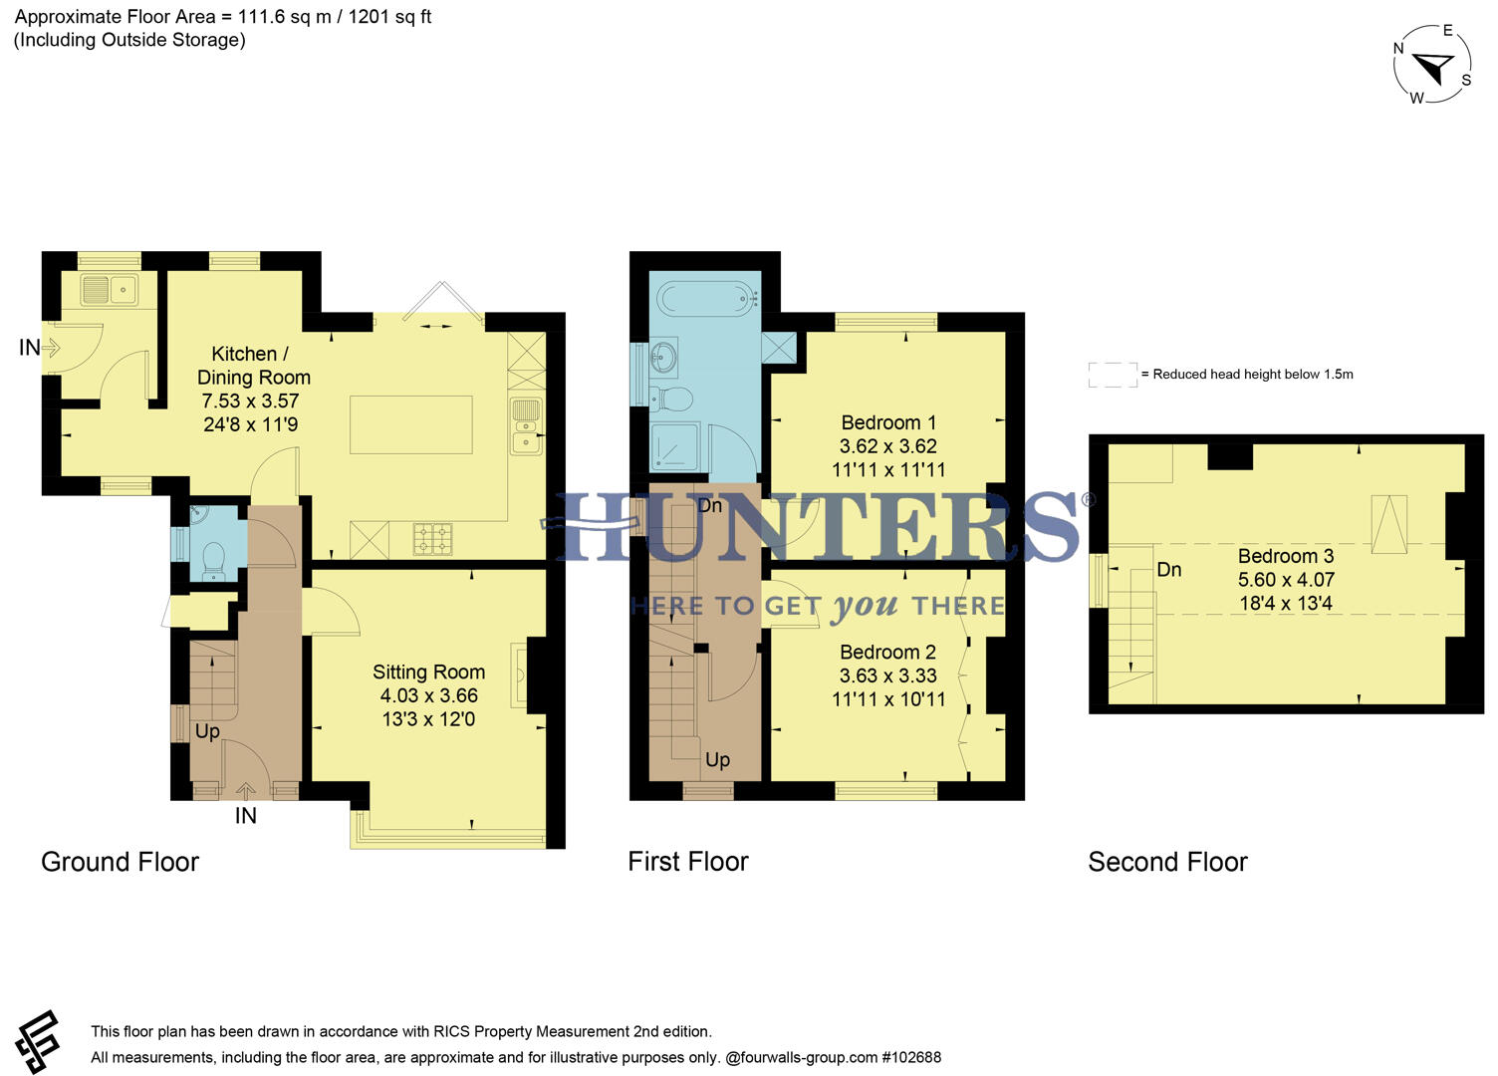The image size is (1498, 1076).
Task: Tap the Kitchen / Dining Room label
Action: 253,366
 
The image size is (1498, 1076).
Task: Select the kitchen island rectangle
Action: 410,424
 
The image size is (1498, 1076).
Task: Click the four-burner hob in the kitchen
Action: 432,538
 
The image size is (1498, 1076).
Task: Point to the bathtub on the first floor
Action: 705,296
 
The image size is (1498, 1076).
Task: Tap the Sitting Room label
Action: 428,672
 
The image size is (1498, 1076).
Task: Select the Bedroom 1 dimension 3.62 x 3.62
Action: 887,446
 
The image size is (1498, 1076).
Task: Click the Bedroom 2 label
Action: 887,653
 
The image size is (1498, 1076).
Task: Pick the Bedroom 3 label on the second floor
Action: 1285,556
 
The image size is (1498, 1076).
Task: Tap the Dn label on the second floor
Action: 1168,570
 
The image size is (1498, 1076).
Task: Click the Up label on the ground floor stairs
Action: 207,731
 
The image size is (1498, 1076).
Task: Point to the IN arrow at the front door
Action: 245,794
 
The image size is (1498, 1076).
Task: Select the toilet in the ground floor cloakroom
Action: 213,559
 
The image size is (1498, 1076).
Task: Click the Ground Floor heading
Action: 120,862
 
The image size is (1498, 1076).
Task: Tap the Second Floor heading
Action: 1167,862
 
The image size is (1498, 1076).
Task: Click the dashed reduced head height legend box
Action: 1113,375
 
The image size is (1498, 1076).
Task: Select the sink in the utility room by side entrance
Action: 109,290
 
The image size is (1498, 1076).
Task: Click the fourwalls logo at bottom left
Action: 37,1042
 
